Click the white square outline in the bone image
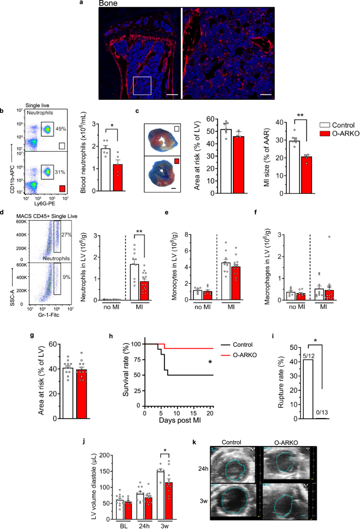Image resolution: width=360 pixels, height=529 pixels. [x=143, y=85]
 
